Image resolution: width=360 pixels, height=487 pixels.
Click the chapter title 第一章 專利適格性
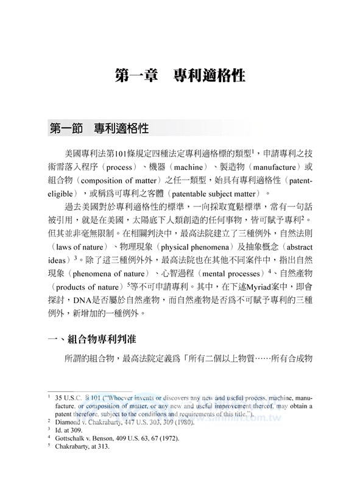(180, 76)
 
